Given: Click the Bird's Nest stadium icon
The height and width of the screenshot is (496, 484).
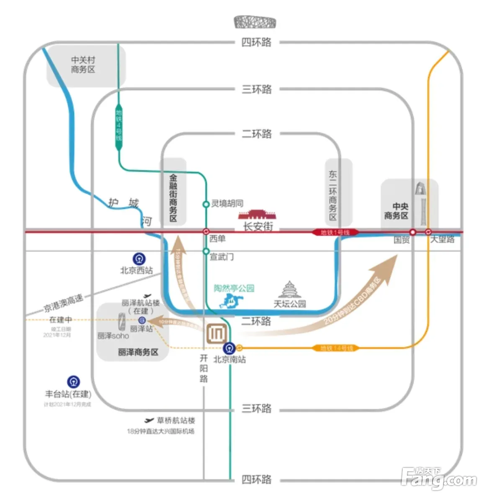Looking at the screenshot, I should point(255,22).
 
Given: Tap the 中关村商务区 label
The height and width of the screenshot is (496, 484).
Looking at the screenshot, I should point(83,65).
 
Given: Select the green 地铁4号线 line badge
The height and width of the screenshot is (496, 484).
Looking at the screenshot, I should point(119,126).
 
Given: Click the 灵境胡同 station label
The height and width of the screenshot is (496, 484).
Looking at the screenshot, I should point(227,204).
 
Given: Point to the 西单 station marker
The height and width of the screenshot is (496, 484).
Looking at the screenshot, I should point(206,231).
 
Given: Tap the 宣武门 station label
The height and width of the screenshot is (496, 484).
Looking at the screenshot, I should point(221,257).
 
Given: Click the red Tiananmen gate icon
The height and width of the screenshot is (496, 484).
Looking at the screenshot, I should point(257,215).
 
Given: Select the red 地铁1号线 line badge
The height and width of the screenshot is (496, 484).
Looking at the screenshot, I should point(335,232).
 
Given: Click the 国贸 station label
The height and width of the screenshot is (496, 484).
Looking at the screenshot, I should point(402,240).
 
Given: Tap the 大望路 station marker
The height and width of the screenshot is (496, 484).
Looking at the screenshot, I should point(428,232).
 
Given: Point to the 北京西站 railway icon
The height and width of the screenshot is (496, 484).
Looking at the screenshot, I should point(139,259).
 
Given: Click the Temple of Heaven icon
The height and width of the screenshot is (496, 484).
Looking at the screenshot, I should point(289,289).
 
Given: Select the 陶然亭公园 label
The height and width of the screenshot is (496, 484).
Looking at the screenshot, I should point(234,288).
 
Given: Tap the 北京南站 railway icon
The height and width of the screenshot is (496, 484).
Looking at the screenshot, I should point(229,348).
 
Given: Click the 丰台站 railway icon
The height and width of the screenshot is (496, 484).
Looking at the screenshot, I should point(74,382).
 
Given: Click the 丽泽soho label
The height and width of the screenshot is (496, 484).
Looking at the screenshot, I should point(113,336).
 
